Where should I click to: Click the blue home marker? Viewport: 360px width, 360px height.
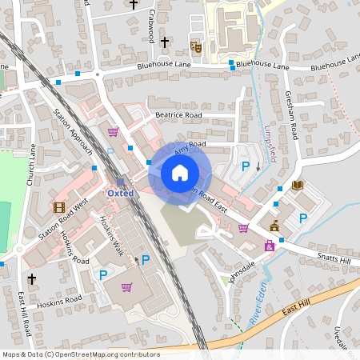[x=180, y=173]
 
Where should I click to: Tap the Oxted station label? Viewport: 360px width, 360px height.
[x=122, y=193]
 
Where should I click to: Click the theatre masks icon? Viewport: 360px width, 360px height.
[x=194, y=47]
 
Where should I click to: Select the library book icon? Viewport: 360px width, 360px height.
[x=298, y=186]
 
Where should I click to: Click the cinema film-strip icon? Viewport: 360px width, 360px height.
[x=58, y=207]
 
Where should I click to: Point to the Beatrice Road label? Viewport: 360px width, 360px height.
[x=178, y=115]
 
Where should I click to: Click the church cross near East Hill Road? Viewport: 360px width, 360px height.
[x=31, y=279]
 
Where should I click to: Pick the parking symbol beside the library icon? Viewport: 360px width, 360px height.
[x=302, y=218]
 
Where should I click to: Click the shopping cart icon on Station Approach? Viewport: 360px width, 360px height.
[x=113, y=132]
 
